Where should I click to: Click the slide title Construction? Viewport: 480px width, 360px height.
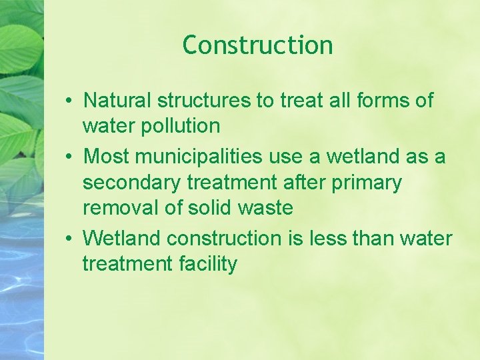(x=257, y=45)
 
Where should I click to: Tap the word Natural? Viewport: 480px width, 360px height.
(x=117, y=101)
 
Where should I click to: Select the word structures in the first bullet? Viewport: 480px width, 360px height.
(x=203, y=101)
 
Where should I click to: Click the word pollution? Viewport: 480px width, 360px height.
(x=178, y=126)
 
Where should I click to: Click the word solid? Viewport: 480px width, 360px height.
(x=212, y=208)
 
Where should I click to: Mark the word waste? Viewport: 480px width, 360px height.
(x=266, y=208)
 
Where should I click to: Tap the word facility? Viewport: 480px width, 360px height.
(x=208, y=264)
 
